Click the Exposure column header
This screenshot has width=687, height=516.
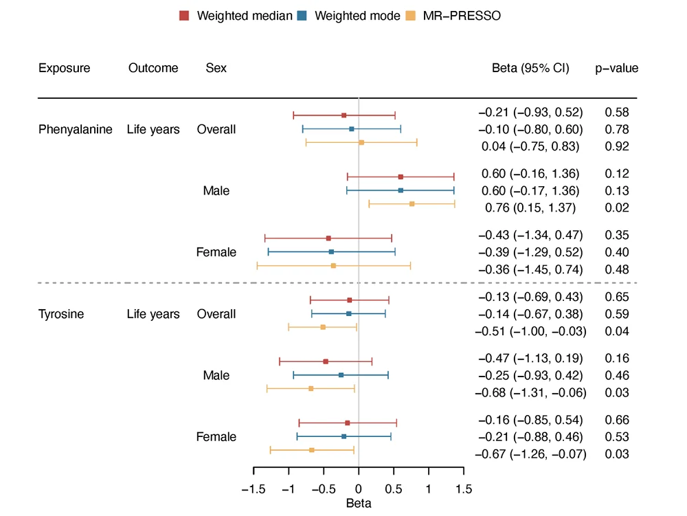pyautogui.click(x=64, y=68)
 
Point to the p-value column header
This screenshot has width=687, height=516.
pyautogui.click(x=616, y=68)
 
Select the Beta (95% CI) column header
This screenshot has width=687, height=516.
pyautogui.click(x=530, y=68)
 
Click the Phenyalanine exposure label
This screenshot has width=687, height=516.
pyautogui.click(x=76, y=129)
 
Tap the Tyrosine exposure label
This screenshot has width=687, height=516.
pyautogui.click(x=61, y=314)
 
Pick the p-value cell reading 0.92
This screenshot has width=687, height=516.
pyautogui.click(x=616, y=146)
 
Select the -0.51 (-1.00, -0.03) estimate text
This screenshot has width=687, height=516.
pyautogui.click(x=530, y=331)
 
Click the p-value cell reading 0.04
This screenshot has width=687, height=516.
pyautogui.click(x=616, y=331)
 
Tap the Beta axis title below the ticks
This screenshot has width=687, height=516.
pyautogui.click(x=359, y=504)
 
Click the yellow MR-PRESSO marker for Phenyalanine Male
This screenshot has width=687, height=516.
pyautogui.click(x=412, y=204)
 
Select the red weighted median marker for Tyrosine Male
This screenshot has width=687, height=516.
pyautogui.click(x=326, y=361)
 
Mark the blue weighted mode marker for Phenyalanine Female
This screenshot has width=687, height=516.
pyautogui.click(x=331, y=252)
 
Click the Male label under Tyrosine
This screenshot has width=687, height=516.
pyautogui.click(x=216, y=376)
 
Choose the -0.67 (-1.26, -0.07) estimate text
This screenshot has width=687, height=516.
pyautogui.click(x=530, y=454)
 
